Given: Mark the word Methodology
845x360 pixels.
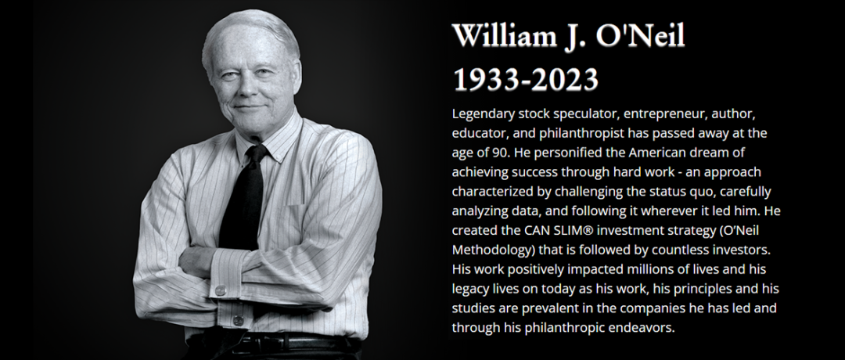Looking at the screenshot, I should tap(490, 250).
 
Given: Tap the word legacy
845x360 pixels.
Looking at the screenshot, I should tap(470, 289).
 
